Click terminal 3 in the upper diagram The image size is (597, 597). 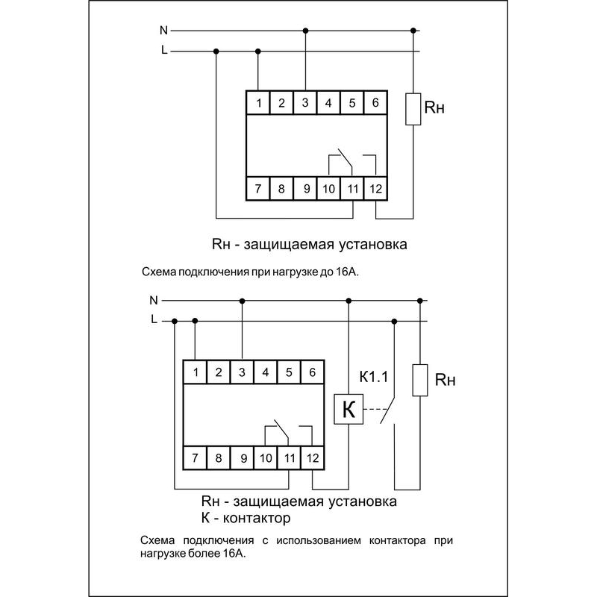pos(305,102)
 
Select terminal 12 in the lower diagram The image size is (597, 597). pos(313,457)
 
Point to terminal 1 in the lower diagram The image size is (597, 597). pos(196,371)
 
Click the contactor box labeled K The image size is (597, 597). pos(348,409)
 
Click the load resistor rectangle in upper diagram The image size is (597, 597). pos(412,109)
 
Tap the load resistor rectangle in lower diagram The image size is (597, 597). pos(421,379)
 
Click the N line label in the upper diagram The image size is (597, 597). pos(163,31)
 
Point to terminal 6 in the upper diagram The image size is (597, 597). pos(375,102)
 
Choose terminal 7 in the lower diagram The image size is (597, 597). pos(196,457)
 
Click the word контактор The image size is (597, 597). pos(256,517)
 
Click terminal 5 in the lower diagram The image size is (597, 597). pos(290,371)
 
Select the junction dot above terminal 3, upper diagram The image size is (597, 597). pos(305,31)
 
